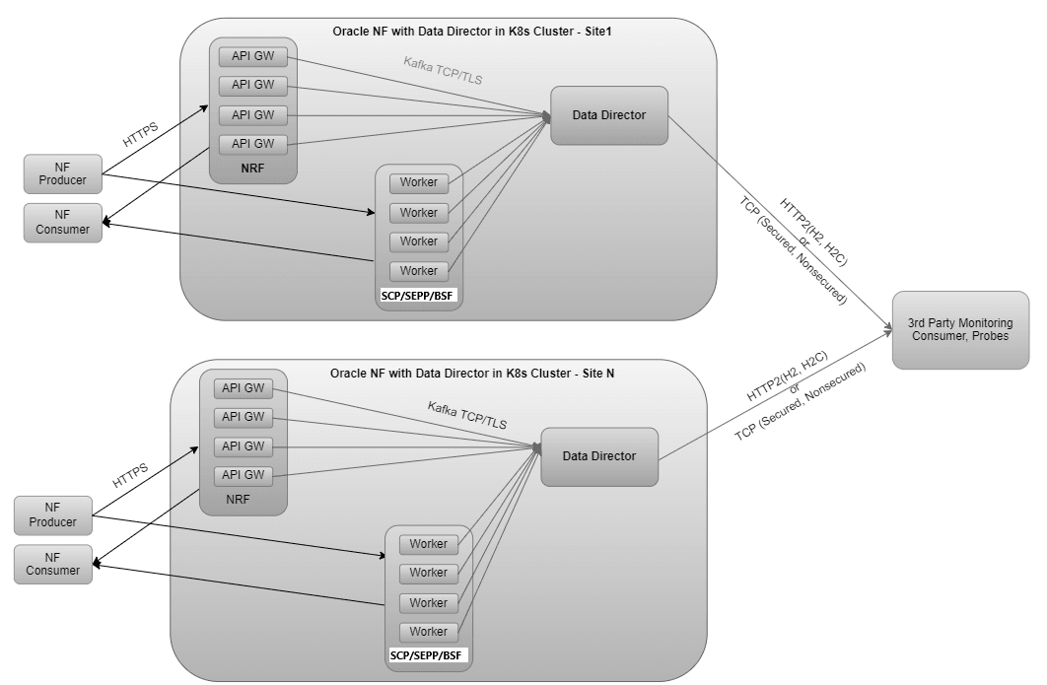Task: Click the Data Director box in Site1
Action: coord(609,115)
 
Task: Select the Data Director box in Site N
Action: coord(599,456)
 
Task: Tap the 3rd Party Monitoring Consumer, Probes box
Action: coord(960,330)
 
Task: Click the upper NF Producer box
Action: coord(62,173)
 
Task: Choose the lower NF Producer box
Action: coord(52,515)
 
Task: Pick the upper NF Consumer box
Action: coord(62,223)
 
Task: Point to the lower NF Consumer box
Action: coord(52,564)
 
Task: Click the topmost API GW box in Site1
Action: coord(253,56)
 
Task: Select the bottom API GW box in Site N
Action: coord(244,475)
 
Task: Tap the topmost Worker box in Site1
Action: coord(419,183)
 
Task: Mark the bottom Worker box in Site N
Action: coord(429,632)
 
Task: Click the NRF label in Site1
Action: coord(253,170)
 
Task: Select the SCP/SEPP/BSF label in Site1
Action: coord(419,296)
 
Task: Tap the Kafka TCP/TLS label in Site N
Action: coord(467,415)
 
